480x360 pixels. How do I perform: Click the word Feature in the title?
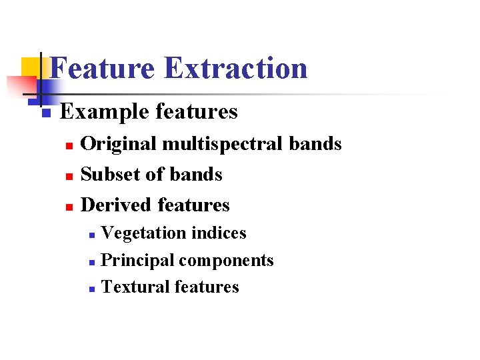[102, 68]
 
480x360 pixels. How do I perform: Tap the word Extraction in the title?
[235, 68]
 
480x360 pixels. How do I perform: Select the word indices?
[219, 233]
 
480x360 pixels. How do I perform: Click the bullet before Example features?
[45, 113]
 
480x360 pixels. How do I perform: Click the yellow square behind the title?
[30, 67]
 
